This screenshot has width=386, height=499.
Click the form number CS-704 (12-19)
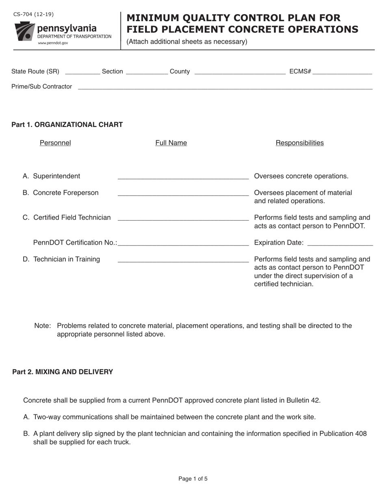[33, 15]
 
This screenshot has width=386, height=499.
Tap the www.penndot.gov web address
[53, 43]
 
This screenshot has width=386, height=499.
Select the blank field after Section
[147, 73]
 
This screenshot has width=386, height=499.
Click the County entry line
[240, 73]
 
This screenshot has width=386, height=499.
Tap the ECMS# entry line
[343, 73]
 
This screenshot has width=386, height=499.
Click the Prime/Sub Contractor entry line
[225, 87]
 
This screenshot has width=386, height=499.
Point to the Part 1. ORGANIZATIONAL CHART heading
[67, 125]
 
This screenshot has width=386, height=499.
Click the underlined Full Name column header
[171, 143]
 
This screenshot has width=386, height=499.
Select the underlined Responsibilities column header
[299, 143]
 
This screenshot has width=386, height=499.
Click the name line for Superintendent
[183, 177]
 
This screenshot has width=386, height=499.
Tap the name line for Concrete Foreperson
[183, 194]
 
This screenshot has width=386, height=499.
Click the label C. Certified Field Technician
[67, 217]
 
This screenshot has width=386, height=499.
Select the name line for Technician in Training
[183, 260]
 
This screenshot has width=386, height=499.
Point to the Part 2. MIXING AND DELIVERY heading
[63, 372]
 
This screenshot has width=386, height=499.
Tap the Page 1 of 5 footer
[193, 479]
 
